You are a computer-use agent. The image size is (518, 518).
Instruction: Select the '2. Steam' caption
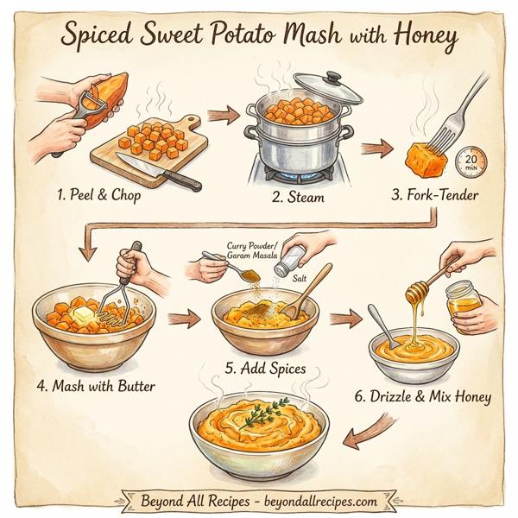coord(298,198)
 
